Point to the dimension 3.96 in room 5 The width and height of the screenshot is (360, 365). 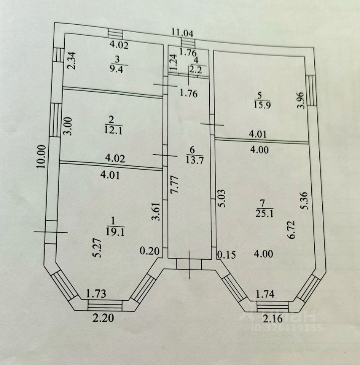pos(303,100)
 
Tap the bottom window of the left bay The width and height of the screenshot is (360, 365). pos(105,305)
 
